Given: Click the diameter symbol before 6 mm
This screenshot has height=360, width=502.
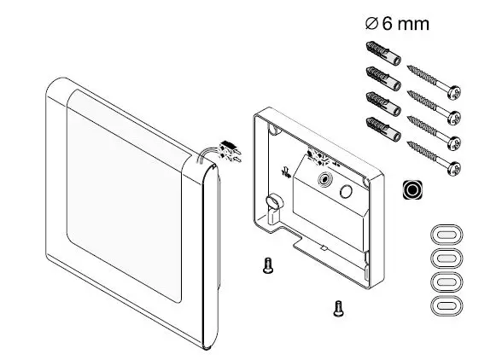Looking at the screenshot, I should [370, 25].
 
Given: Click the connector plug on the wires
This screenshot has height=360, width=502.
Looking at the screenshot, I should [229, 153].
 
